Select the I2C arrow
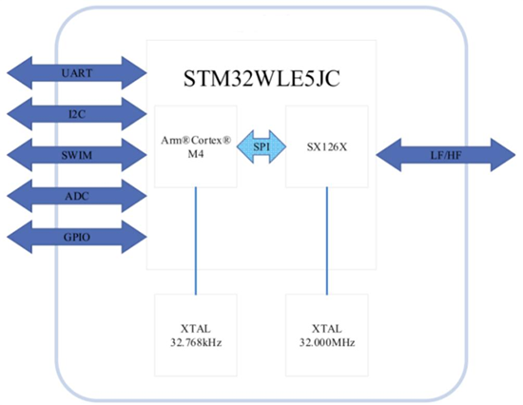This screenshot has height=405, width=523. [x=76, y=112]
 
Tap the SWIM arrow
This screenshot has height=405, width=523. [x=76, y=153]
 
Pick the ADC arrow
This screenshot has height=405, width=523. [x=76, y=194]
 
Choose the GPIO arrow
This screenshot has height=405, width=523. [x=76, y=235]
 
